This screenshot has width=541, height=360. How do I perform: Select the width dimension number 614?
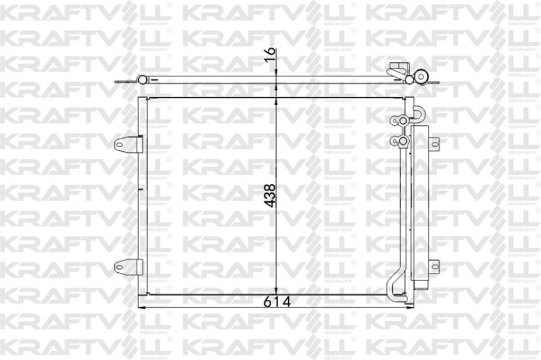click(x=276, y=302)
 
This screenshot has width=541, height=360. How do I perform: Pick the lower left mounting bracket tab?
click(x=126, y=268)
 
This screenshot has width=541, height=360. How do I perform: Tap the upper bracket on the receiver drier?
click(x=431, y=142)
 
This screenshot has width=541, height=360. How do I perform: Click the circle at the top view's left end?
click(x=142, y=79)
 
